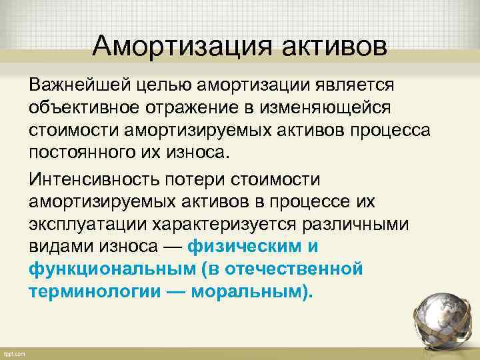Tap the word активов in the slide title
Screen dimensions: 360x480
click(334, 47)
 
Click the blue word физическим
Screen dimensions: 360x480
click(245, 247)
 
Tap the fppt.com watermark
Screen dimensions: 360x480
click(15, 353)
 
